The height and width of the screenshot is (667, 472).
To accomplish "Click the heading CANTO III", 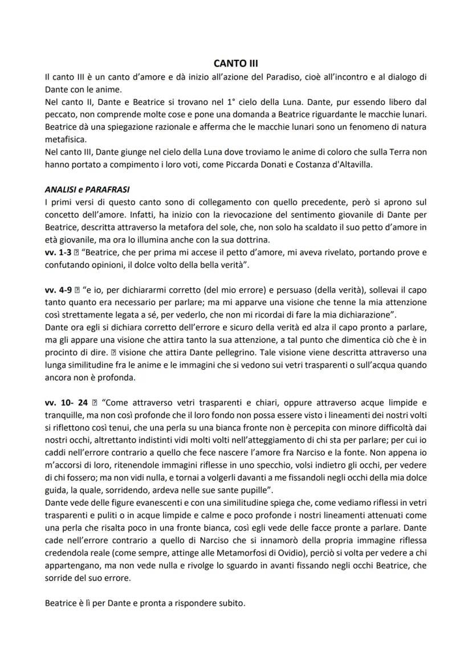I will (x=235, y=64).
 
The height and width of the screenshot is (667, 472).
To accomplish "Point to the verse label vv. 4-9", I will (x=58, y=289).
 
